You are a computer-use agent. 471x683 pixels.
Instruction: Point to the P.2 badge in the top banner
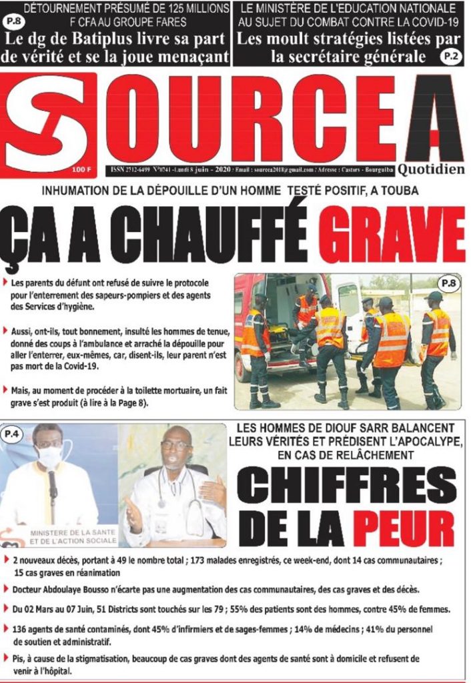[x=451, y=57]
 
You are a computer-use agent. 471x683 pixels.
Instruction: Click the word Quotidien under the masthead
[x=431, y=169]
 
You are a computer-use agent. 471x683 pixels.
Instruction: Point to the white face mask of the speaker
[x=47, y=457]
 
